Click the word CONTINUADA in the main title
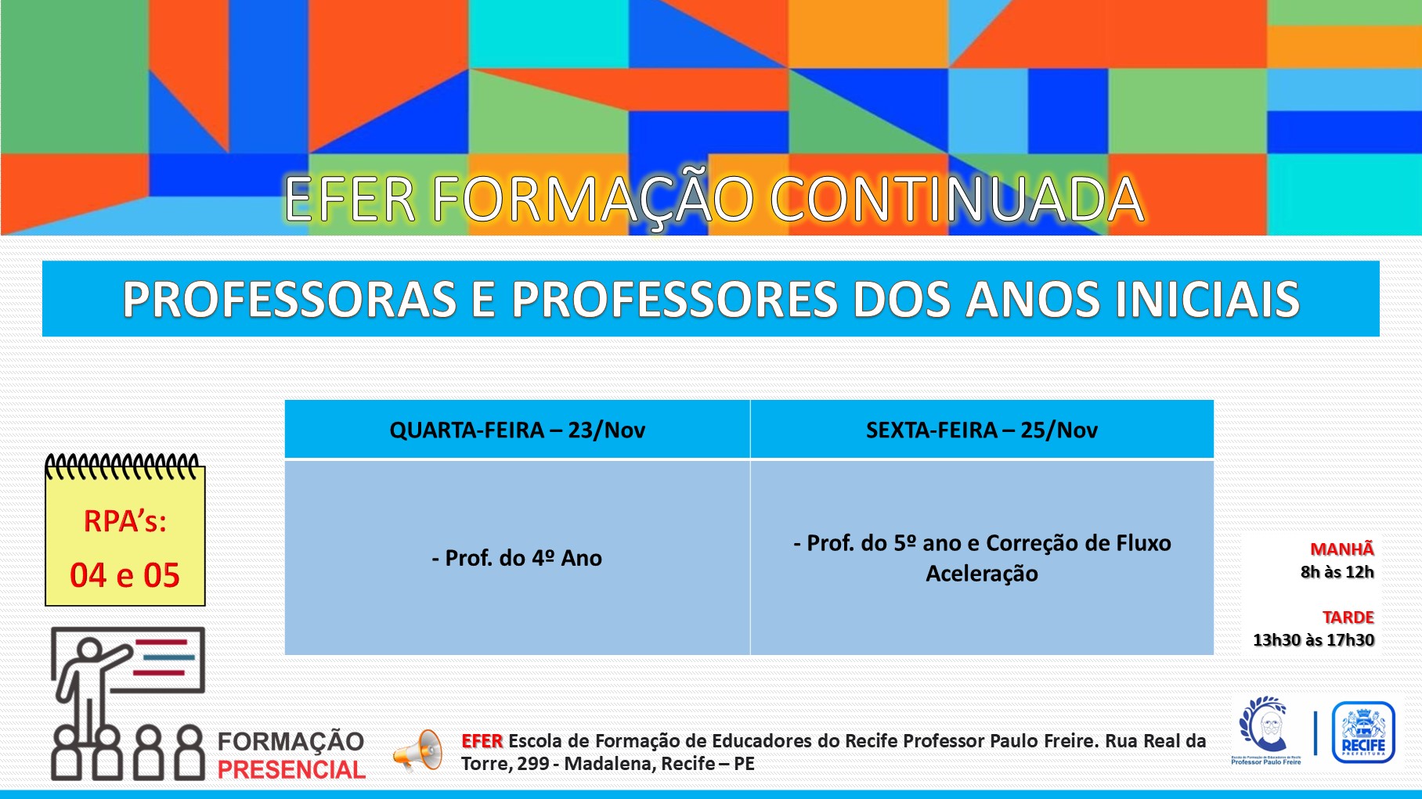(957, 200)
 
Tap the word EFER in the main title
(349, 200)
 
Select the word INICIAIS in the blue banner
(1207, 300)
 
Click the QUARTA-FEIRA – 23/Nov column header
(517, 430)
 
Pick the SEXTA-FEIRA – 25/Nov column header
(982, 430)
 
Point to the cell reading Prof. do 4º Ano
(517, 558)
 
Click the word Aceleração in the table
(982, 574)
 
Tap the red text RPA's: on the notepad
(125, 521)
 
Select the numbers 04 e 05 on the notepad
(125, 575)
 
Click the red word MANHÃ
(1342, 549)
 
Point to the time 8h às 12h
(1337, 572)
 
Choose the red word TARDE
(1348, 617)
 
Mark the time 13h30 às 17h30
(1314, 640)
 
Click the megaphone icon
(418, 750)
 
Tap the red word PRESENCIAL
(291, 770)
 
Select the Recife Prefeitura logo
(1363, 732)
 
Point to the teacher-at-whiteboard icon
(128, 704)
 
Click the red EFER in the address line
(482, 741)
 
